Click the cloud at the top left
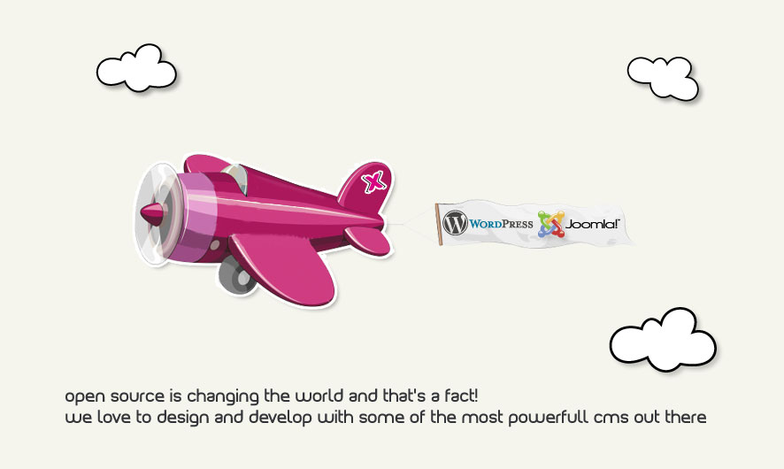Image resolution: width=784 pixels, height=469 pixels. [x=136, y=68]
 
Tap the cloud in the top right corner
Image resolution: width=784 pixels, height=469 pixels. [x=663, y=78]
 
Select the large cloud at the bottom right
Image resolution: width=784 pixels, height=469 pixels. [x=663, y=340]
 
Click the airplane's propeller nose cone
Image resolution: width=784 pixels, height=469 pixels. [x=152, y=214]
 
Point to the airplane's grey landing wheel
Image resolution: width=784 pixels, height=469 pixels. [x=236, y=276]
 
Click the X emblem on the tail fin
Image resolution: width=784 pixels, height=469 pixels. [x=374, y=181]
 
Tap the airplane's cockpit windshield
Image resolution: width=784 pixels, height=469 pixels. [x=235, y=178]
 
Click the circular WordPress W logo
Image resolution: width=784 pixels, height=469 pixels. [x=455, y=222]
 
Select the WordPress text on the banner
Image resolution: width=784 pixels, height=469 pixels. [x=501, y=224]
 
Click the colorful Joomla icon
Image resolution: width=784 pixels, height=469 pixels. [x=550, y=224]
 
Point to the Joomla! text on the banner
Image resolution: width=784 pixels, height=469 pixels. [x=592, y=224]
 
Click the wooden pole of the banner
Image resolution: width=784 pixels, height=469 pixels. [x=439, y=225]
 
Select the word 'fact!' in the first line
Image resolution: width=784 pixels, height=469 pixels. [x=461, y=396]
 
